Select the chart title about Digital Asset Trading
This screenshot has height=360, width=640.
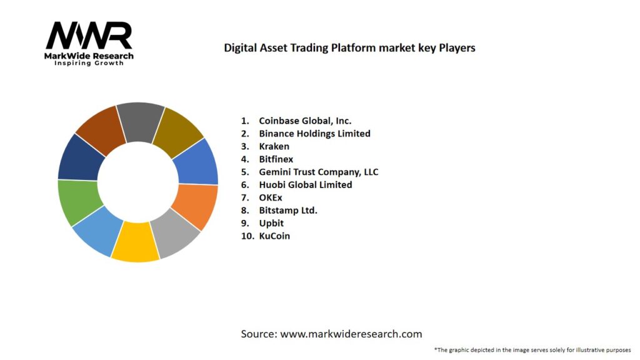349,47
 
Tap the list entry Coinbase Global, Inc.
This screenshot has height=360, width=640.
305,121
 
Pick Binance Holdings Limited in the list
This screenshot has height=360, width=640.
314,133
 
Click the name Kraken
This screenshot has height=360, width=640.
274,146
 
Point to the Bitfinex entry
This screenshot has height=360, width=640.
276,159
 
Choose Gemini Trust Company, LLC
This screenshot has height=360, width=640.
318,172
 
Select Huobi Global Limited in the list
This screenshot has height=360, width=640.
305,185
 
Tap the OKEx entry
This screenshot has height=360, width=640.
270,197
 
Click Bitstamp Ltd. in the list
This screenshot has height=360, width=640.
288,210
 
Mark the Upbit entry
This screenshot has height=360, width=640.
271,223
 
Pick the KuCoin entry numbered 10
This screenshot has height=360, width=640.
274,236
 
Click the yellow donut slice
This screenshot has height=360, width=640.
134,242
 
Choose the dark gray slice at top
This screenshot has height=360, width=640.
140,121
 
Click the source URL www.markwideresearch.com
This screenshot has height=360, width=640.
351,334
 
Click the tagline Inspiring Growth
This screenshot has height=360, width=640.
89,63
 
